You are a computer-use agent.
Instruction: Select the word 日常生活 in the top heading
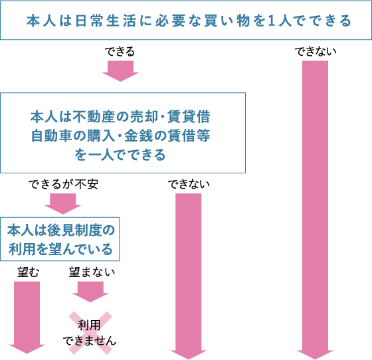106,21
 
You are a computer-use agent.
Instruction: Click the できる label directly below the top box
120,51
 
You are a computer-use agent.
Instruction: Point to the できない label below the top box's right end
316,51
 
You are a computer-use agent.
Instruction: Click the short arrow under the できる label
120,71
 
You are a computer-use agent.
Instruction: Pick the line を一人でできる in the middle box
120,155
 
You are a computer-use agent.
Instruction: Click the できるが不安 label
63,184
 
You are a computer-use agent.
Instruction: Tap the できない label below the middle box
189,184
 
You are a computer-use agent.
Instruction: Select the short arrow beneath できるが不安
63,204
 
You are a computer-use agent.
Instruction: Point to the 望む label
28,272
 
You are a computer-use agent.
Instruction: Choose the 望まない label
92,272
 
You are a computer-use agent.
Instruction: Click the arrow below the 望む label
27,317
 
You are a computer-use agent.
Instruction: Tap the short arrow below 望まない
90,292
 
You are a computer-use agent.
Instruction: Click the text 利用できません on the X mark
90,333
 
